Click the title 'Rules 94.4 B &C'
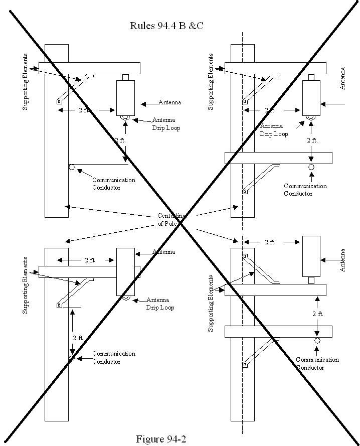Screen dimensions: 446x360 (166, 26)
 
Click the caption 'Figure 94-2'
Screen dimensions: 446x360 (161, 439)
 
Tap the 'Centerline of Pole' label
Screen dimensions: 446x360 (171, 220)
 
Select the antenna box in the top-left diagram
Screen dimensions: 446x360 (125, 98)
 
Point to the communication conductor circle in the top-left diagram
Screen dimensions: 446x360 (72, 167)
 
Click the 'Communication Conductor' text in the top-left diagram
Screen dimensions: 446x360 (113, 184)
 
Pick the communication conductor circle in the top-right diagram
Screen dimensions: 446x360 (311, 167)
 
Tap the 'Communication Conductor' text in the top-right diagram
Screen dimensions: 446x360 (305, 190)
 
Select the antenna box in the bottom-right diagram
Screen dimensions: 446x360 (311, 256)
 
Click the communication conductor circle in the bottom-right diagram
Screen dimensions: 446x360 (317, 341)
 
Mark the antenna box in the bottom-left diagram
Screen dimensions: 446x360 (125, 271)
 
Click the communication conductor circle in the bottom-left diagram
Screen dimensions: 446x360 (72, 358)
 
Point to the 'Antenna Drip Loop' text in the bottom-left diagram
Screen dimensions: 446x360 (160, 304)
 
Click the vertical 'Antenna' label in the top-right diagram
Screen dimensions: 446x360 (343, 79)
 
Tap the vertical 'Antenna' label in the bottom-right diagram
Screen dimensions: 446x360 (343, 260)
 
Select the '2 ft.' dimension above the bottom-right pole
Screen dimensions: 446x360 (270, 242)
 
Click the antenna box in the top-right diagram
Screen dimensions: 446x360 (311, 98)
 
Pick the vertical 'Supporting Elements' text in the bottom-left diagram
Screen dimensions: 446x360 (26, 285)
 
